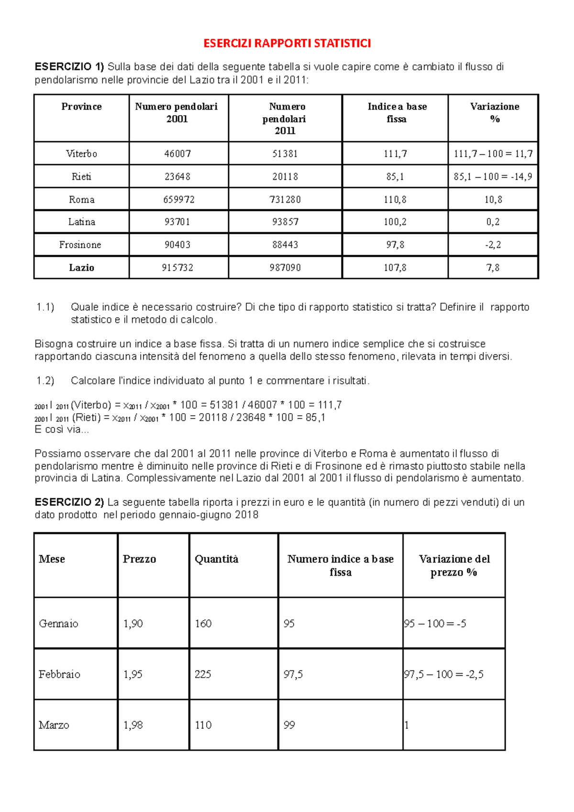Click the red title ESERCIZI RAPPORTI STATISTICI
tap(287, 44)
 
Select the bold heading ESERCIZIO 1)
tap(69, 67)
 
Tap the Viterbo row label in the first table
tap(81, 154)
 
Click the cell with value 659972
tap(179, 199)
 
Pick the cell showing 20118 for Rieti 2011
tap(285, 177)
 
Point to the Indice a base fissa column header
tap(397, 113)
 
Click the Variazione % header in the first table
tap(495, 113)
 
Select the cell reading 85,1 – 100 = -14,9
tap(493, 177)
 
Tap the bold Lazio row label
tap(81, 268)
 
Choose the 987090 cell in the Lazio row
tap(285, 268)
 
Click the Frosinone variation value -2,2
tap(493, 245)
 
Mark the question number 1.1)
tap(45, 307)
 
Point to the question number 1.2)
tap(45, 381)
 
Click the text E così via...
tap(62, 429)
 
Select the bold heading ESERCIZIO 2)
tap(69, 503)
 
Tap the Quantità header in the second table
tap(216, 559)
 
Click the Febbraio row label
tap(59, 674)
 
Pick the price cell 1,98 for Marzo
tap(133, 725)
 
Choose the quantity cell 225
tap(203, 674)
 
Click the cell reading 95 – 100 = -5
tap(435, 624)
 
